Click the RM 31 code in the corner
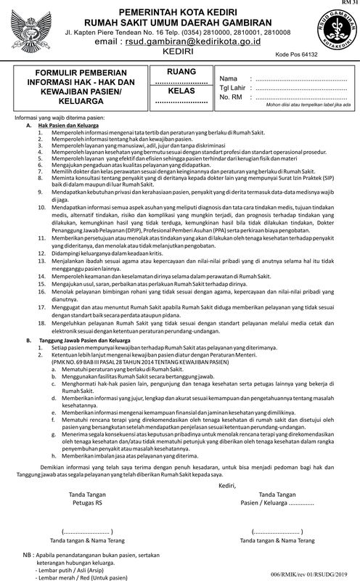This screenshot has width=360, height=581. point(348,4)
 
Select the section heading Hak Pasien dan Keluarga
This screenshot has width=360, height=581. point(70,126)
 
